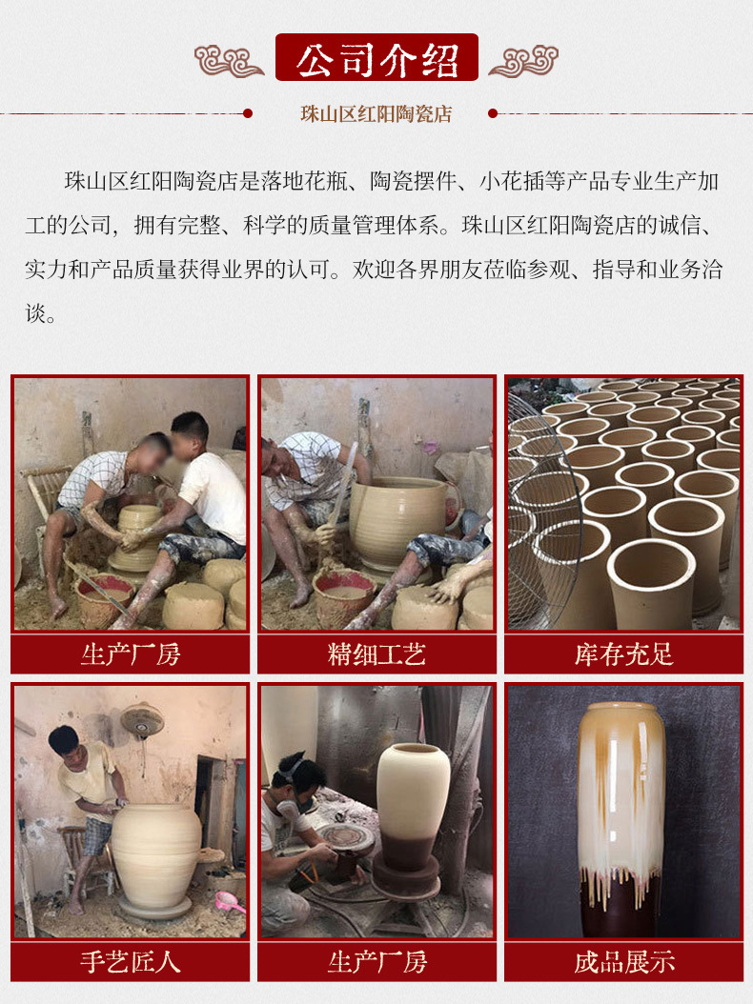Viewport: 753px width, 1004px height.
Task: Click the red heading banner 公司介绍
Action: pyautogui.click(x=376, y=57)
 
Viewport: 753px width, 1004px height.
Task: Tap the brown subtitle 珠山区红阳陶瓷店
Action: pyautogui.click(x=376, y=114)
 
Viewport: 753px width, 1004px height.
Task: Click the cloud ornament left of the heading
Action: pyautogui.click(x=229, y=61)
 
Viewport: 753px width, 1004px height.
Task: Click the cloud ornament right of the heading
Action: pyautogui.click(x=524, y=61)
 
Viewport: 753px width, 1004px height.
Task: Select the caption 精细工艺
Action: pyautogui.click(x=376, y=654)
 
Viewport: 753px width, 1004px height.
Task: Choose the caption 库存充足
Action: pyautogui.click(x=623, y=654)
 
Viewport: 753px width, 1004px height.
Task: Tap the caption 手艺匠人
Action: pyautogui.click(x=130, y=962)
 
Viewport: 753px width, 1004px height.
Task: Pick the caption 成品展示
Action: pyautogui.click(x=623, y=962)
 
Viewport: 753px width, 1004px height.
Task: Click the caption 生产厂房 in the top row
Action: pyautogui.click(x=130, y=654)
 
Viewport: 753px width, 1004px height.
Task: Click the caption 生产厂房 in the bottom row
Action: pyautogui.click(x=376, y=962)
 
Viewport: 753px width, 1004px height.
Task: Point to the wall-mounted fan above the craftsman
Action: pyautogui.click(x=142, y=720)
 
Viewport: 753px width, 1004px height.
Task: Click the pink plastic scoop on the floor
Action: pyautogui.click(x=229, y=903)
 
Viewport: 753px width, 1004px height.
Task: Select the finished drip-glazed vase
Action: pyautogui.click(x=621, y=819)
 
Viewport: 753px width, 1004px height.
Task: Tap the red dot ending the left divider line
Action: pyautogui.click(x=248, y=113)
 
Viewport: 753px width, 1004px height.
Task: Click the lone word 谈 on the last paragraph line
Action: pyautogui.click(x=35, y=313)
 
